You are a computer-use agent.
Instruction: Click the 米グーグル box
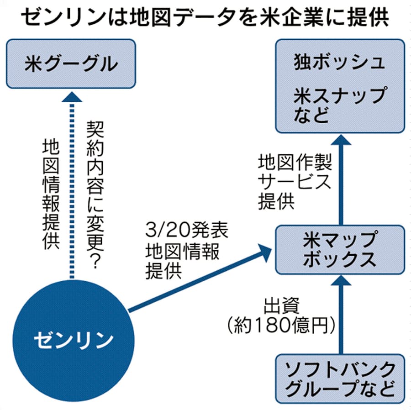[70, 64]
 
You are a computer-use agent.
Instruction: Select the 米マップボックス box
[340, 250]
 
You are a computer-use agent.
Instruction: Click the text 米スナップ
[340, 96]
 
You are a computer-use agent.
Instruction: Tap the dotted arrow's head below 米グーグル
[71, 96]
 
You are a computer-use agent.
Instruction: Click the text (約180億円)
[280, 326]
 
